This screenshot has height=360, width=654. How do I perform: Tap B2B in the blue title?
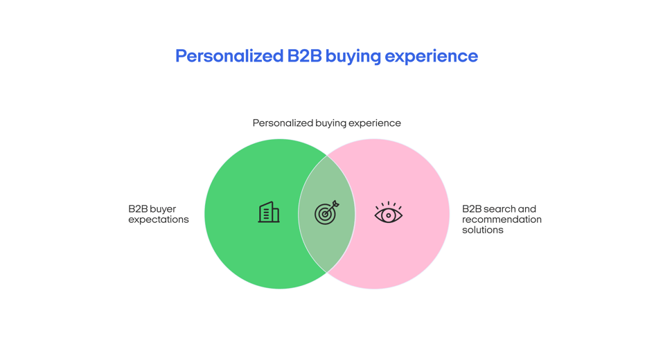(x=305, y=56)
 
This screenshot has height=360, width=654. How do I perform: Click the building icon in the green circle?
(x=269, y=213)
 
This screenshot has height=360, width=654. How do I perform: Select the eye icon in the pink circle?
(x=388, y=214)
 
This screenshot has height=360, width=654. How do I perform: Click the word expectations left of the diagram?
(x=159, y=219)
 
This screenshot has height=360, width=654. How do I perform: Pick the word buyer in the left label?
(x=163, y=209)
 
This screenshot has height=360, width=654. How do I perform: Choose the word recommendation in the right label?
(x=502, y=219)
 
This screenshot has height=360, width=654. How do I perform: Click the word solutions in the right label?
(x=483, y=230)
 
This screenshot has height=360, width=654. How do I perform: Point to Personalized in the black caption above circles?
(x=283, y=123)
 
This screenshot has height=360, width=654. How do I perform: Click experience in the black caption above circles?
(x=375, y=123)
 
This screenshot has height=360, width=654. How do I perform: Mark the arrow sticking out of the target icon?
(x=335, y=205)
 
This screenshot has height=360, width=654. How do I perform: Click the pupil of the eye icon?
(x=388, y=215)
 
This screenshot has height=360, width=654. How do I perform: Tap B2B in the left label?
(x=138, y=209)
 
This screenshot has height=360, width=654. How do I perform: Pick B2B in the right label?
(x=472, y=209)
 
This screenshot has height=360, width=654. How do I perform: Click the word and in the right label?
(x=527, y=209)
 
